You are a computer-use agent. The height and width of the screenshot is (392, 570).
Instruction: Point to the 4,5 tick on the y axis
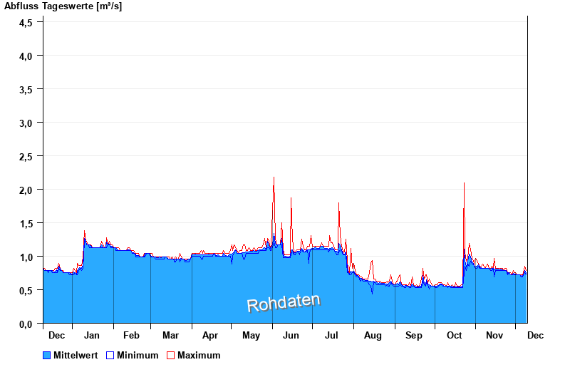click(x=26, y=22)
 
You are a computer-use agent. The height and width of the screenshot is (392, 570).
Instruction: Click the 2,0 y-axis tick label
click(x=26, y=190)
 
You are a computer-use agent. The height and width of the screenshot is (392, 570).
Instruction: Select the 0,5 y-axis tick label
click(x=26, y=290)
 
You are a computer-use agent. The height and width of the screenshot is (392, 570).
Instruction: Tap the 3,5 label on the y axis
click(x=26, y=89)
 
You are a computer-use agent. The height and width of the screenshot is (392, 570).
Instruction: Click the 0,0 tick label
click(x=26, y=324)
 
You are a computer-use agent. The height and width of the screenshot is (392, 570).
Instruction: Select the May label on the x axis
click(x=251, y=335)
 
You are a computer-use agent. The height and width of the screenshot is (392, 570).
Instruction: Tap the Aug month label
click(x=373, y=335)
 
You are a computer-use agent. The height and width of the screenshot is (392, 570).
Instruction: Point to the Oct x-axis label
click(x=455, y=335)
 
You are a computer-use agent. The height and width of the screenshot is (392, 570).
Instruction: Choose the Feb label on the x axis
click(x=131, y=335)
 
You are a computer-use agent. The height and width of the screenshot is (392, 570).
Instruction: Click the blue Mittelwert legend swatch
click(x=47, y=355)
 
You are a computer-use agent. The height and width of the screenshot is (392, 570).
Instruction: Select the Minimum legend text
click(x=138, y=355)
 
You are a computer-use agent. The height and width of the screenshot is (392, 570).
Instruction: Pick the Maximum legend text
click(x=199, y=355)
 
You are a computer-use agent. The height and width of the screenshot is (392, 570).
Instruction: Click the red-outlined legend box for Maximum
click(x=170, y=355)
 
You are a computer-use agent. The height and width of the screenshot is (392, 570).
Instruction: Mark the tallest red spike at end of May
click(x=274, y=177)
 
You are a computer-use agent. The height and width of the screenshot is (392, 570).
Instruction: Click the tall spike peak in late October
click(x=464, y=183)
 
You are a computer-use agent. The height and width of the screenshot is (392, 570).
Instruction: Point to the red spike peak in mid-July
click(x=338, y=204)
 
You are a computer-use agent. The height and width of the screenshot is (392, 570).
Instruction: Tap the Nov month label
click(x=494, y=335)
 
